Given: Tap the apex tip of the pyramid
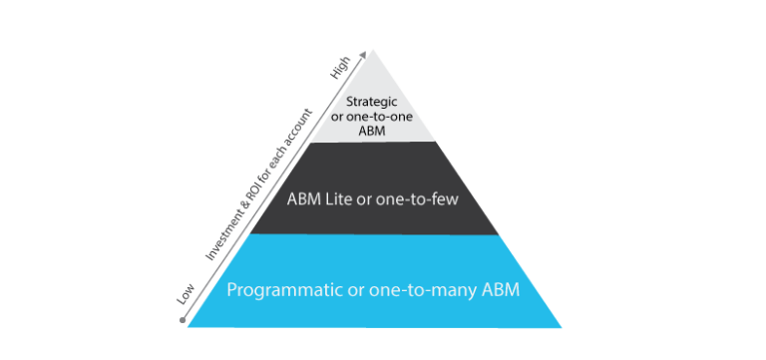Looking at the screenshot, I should pyautogui.click(x=371, y=48).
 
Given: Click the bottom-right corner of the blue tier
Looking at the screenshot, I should pyautogui.click(x=561, y=326).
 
